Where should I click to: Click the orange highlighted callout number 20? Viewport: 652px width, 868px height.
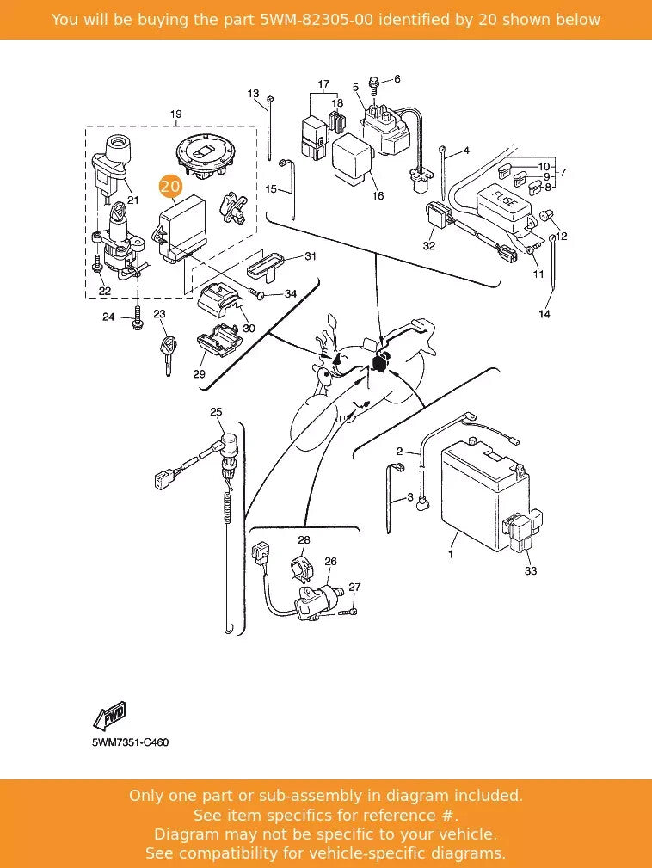(x=169, y=186)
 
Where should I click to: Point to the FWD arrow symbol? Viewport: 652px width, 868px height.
(x=110, y=714)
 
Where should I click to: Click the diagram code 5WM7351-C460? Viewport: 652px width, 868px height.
(x=130, y=742)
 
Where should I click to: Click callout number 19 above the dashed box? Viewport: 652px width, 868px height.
(x=175, y=114)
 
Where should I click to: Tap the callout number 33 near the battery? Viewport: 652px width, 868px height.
(x=530, y=571)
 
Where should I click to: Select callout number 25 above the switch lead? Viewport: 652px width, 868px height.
(x=216, y=412)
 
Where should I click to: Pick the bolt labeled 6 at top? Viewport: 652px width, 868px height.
(x=375, y=83)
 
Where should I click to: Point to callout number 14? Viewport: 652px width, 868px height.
(x=544, y=314)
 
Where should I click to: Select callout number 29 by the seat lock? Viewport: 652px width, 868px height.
(x=199, y=374)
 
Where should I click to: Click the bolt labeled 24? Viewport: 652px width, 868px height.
(x=136, y=320)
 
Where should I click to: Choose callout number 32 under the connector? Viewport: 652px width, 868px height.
(x=428, y=246)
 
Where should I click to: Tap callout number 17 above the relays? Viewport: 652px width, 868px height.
(x=323, y=85)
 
